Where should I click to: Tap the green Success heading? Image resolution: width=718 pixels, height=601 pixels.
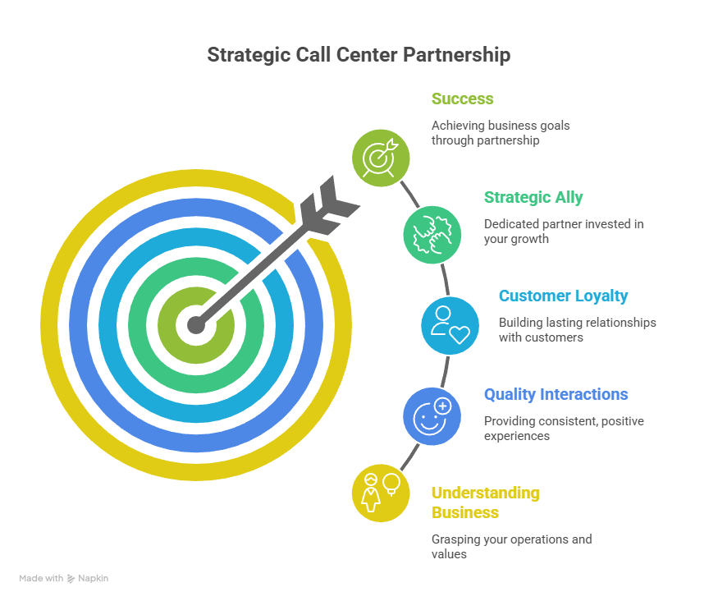click(462, 99)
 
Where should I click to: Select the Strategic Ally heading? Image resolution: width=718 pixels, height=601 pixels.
click(533, 197)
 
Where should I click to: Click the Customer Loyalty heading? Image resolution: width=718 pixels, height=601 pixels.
click(563, 296)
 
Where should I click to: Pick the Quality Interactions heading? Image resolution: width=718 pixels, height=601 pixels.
click(556, 394)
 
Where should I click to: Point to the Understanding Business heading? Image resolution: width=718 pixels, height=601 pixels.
click(485, 502)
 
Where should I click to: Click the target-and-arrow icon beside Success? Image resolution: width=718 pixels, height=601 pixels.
click(381, 156)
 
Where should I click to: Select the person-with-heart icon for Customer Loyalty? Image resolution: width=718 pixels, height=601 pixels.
click(450, 325)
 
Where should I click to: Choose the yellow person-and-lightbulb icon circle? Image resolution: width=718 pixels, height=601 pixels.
click(381, 493)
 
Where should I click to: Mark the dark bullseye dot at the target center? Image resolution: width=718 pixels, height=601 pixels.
click(195, 325)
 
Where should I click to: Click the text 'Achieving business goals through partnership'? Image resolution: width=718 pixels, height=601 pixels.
click(501, 133)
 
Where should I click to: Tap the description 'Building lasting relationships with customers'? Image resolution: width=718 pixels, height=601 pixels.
click(577, 330)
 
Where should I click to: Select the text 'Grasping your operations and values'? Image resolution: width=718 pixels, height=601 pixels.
click(511, 547)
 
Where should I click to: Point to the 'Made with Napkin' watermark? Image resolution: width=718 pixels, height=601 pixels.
click(64, 578)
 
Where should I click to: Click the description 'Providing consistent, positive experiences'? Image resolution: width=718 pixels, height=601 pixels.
click(563, 429)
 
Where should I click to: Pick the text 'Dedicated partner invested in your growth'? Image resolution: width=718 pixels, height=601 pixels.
click(563, 232)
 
